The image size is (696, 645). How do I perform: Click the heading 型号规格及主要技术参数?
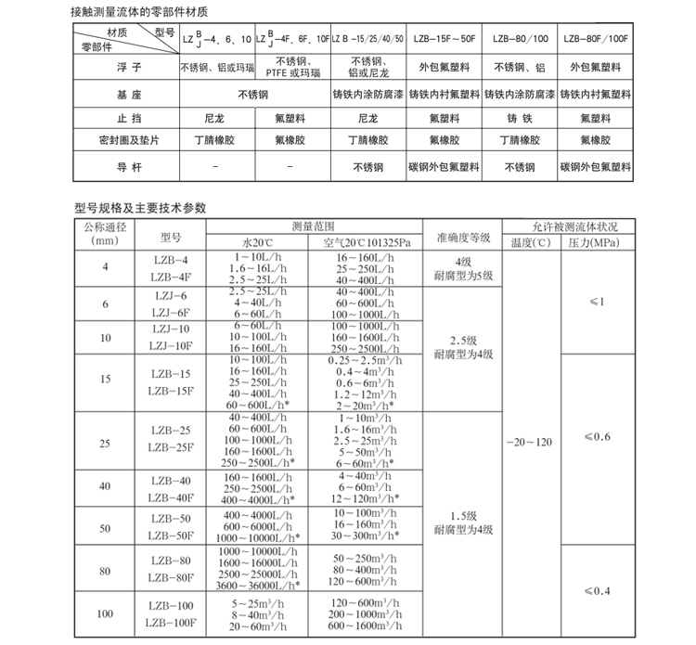(140, 207)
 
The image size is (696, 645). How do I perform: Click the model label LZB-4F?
(171, 277)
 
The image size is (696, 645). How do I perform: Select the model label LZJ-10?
(171, 329)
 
